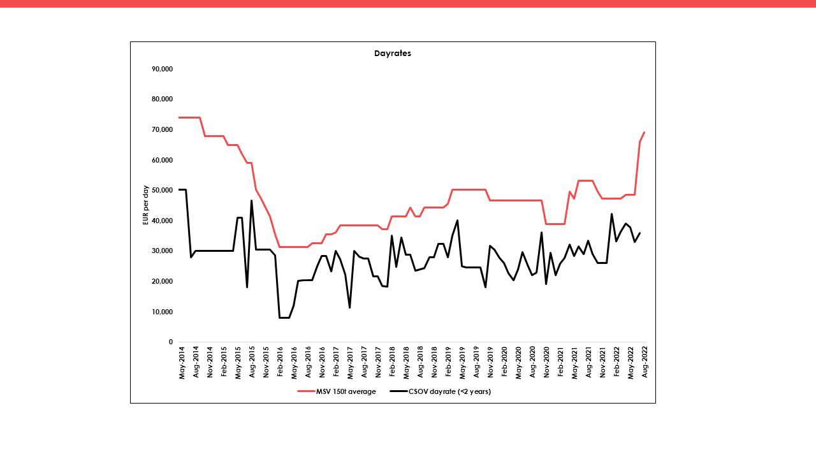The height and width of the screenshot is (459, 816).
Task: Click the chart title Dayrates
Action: (392, 54)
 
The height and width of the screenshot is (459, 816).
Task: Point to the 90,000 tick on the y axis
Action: (163, 69)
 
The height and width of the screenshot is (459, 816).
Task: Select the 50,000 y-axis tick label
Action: (163, 191)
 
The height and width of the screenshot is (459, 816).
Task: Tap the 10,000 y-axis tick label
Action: (163, 312)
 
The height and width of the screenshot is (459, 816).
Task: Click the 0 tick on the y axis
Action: (170, 342)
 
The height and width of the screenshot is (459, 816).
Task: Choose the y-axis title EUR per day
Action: (145, 205)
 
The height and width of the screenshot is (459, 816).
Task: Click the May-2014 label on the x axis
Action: (182, 363)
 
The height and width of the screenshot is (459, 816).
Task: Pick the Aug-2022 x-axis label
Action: (645, 363)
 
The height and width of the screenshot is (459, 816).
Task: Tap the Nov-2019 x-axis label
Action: (490, 363)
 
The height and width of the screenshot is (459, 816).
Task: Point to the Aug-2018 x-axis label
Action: (420, 363)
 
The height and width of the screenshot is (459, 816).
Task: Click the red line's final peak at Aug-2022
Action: (645, 133)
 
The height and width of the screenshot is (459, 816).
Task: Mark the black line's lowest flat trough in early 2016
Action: (284, 317)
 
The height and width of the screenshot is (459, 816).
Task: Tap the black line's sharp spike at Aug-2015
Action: (251, 201)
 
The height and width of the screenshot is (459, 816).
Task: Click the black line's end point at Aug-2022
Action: (640, 233)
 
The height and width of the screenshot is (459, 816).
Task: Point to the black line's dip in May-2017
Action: (349, 308)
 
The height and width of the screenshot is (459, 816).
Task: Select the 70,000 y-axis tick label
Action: (163, 129)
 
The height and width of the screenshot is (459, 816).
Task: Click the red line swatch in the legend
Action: (305, 391)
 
